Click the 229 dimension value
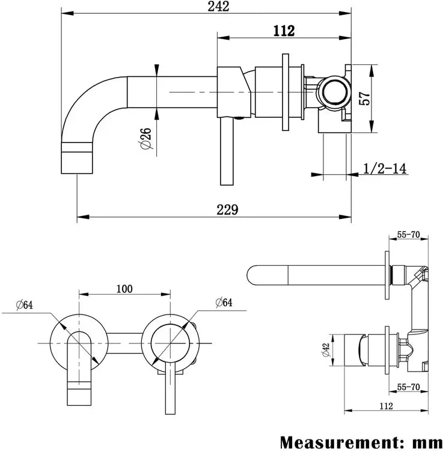click(228, 209)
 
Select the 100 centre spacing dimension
click(124, 288)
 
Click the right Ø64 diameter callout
click(222, 302)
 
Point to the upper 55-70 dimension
click(408, 236)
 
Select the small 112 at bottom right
click(386, 407)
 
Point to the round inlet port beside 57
click(332, 93)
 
